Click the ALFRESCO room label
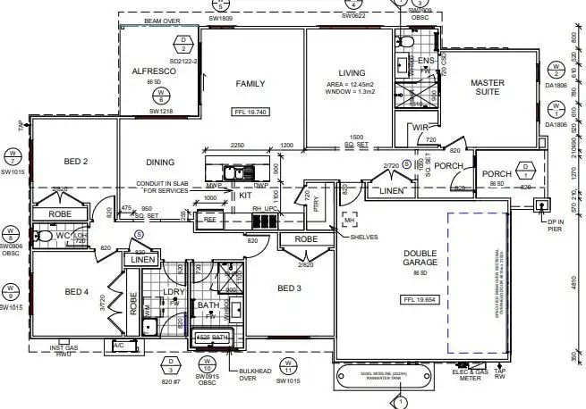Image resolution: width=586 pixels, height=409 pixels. pyautogui.click(x=153, y=71)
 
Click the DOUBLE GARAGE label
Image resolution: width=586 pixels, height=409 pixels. pyautogui.click(x=407, y=262)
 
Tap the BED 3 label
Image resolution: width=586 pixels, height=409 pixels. pyautogui.click(x=291, y=288)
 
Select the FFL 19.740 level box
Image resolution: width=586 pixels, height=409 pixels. pyautogui.click(x=251, y=113)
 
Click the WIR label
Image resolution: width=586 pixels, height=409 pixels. pyautogui.click(x=421, y=128)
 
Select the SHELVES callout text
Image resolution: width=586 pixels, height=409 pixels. pyautogui.click(x=364, y=237)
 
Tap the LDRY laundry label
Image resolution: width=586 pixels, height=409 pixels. pyautogui.click(x=174, y=293)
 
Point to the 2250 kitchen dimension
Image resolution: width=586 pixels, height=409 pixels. pyautogui.click(x=237, y=145)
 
